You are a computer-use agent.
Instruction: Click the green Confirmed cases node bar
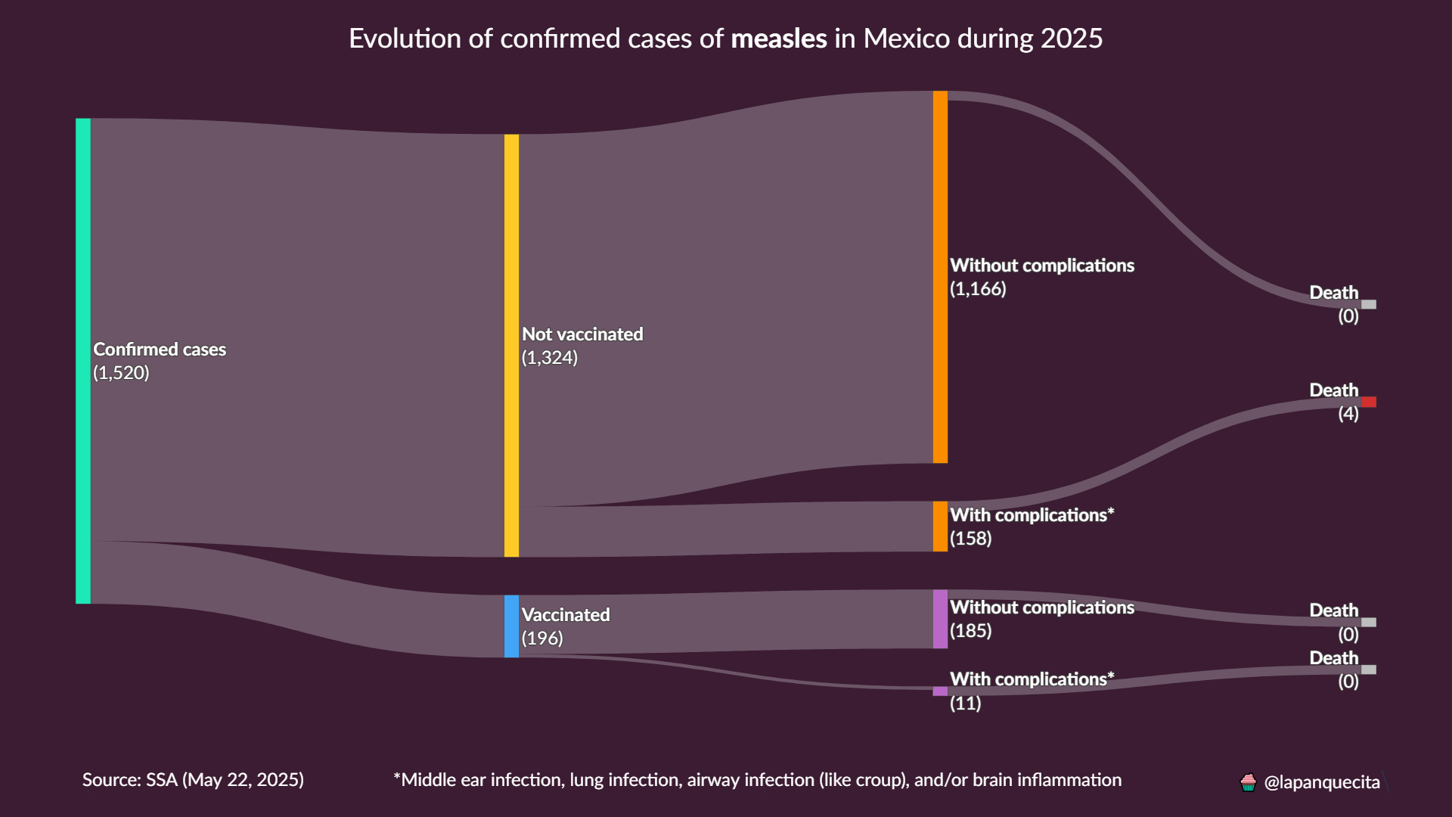coord(83,361)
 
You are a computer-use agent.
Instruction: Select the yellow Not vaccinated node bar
coord(511,346)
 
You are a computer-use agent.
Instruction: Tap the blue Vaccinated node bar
coord(511,626)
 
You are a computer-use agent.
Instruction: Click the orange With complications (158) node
coord(940,527)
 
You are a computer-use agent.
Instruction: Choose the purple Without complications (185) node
coord(940,619)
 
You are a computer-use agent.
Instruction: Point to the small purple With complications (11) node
coord(940,691)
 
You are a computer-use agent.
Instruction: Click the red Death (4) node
coord(1369,402)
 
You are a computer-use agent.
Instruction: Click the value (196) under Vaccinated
coord(542,638)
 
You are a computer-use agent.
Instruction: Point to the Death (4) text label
coord(1334,401)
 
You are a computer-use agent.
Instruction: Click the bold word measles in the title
coord(779,39)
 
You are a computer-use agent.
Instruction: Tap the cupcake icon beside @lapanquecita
coord(1249,782)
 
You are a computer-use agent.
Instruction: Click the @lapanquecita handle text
coord(1322,782)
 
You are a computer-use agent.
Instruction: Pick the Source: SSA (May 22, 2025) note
coord(193,780)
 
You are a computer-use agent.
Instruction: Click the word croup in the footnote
coord(884,780)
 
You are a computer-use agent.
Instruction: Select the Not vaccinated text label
coord(582,334)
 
